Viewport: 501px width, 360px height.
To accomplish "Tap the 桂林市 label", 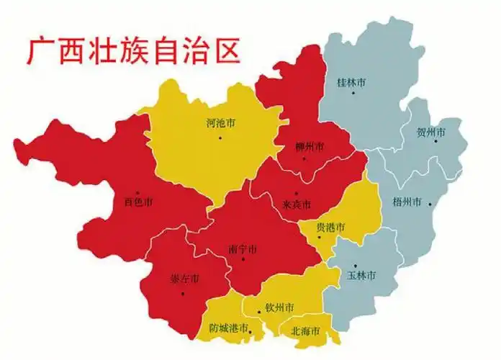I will click(351, 83).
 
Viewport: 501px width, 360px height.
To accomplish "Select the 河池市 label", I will click(220, 123).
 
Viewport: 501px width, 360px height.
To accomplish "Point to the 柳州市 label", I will click(310, 147).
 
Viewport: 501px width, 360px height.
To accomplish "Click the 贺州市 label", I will click(431, 132).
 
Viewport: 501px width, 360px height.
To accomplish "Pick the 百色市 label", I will click(138, 202).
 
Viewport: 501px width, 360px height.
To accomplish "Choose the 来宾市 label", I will click(297, 205).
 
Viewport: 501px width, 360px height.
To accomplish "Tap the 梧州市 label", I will click(407, 201).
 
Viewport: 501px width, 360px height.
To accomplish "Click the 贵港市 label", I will click(331, 227).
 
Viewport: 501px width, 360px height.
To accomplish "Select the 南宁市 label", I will click(243, 249).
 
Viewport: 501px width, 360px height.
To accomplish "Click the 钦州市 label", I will click(279, 307).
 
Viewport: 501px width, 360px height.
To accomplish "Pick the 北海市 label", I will click(306, 332).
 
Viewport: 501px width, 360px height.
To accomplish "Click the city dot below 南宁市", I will click(243, 260).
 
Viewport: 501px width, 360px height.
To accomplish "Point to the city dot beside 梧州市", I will click(430, 204).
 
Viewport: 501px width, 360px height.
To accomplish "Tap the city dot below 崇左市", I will click(183, 293).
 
